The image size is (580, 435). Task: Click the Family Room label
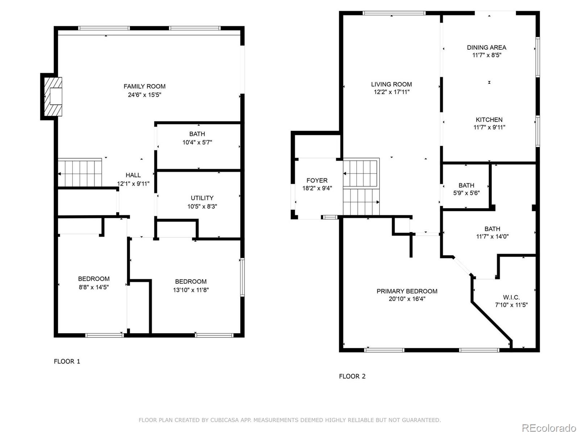tap(145, 86)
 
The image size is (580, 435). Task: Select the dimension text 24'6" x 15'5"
tap(145, 95)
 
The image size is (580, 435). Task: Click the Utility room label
tap(202, 198)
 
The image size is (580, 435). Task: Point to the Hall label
tap(133, 175)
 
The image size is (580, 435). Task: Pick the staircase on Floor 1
tap(80, 173)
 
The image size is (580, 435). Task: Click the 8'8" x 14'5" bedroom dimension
tap(94, 287)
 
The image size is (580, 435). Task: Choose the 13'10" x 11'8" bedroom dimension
tap(191, 290)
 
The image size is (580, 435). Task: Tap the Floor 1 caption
tap(67, 361)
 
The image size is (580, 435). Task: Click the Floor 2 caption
tap(352, 376)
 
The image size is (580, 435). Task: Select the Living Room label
tap(391, 84)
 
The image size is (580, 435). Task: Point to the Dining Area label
tap(487, 47)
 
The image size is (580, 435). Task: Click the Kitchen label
tap(489, 120)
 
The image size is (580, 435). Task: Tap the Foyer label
tap(317, 181)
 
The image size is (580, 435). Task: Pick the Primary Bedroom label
tap(407, 291)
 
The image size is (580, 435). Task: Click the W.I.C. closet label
tap(511, 297)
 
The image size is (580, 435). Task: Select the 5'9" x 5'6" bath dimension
tap(467, 193)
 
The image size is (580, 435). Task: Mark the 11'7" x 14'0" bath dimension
tap(492, 236)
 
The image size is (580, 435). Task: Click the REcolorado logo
tap(549, 428)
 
